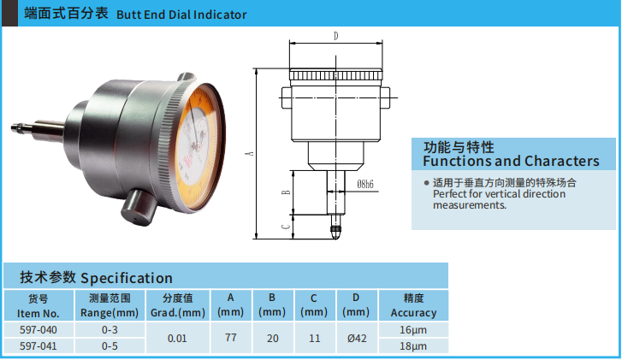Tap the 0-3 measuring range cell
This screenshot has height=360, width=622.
(110, 330)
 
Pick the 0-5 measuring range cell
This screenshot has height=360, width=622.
(110, 345)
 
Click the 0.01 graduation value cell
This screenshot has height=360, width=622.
(177, 338)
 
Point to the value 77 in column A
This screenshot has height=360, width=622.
(230, 338)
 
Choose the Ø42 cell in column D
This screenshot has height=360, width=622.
(356, 338)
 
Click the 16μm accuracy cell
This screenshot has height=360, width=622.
(413, 330)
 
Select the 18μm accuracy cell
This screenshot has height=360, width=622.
(413, 345)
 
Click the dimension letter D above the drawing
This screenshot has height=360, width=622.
(335, 36)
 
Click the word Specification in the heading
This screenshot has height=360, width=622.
(127, 278)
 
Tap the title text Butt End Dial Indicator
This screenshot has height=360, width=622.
(181, 15)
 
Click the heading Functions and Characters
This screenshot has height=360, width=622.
(511, 161)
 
